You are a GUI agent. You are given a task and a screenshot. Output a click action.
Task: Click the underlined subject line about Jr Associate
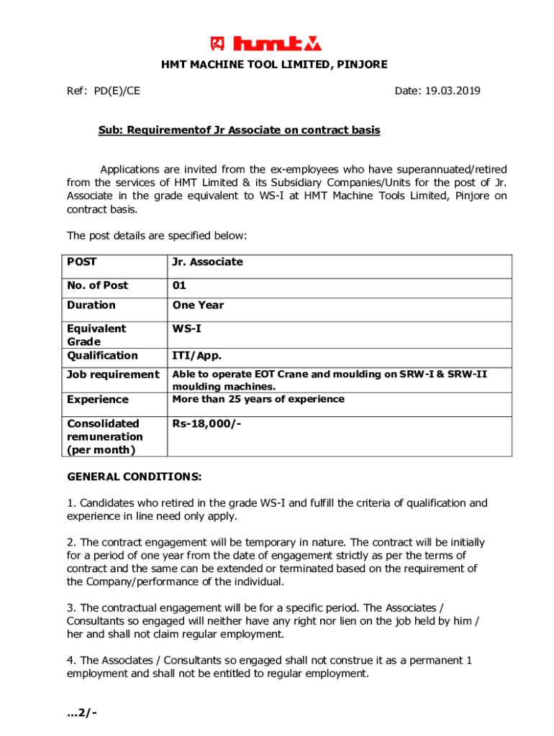239,131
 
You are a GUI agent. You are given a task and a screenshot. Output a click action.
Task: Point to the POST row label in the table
82,262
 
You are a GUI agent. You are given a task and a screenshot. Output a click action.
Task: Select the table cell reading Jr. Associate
207,262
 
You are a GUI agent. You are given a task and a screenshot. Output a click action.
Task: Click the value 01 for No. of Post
179,285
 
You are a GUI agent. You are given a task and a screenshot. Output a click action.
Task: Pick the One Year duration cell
198,305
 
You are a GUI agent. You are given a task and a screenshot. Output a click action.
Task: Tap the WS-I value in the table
186,328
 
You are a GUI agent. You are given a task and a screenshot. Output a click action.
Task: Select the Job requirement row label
113,374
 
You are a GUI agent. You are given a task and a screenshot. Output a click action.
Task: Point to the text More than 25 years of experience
258,399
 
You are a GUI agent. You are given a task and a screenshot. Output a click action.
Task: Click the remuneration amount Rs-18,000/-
206,423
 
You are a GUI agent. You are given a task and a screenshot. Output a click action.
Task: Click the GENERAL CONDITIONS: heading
135,477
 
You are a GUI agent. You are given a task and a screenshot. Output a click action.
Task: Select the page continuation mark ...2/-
82,713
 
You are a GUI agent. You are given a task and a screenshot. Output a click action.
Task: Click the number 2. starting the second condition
71,543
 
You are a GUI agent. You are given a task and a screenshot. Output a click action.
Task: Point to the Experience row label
98,400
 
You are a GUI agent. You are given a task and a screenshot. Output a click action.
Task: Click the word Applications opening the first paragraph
131,170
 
